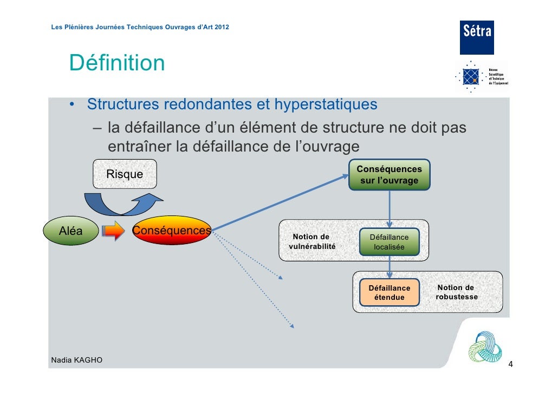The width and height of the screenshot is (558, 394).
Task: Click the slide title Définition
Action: [x=116, y=63]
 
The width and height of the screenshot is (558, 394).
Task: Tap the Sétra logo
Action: [x=477, y=37]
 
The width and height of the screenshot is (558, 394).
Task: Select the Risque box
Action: [x=125, y=174]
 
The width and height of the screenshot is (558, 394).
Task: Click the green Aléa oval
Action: [x=71, y=231]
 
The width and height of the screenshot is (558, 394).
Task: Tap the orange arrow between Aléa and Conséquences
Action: [x=114, y=231]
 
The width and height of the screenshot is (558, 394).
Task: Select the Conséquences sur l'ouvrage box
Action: [x=390, y=175]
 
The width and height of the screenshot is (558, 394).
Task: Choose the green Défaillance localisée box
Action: [x=389, y=242]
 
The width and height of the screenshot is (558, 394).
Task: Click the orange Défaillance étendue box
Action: [x=389, y=292]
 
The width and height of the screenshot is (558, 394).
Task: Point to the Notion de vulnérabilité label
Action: [x=311, y=241]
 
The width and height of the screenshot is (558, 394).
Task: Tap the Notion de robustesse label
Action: [x=456, y=292]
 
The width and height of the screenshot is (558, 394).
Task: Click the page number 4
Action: [x=510, y=365]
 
